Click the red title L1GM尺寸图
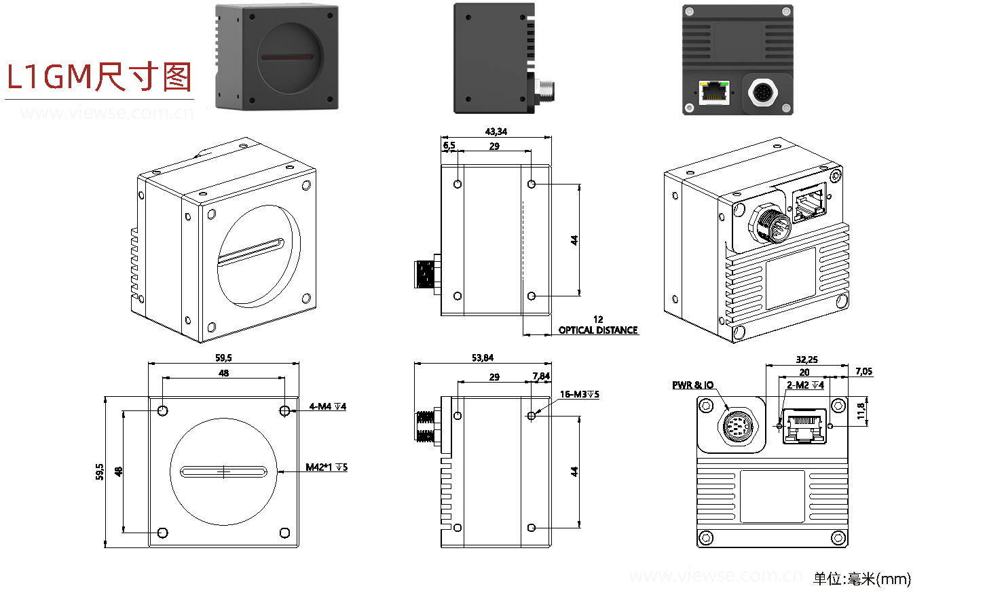pos(99,77)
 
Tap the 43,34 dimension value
pos(496,132)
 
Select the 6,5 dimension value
pos(449,145)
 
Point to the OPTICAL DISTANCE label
pos(598,330)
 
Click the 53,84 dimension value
pos(483,358)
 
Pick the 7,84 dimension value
pos(541,376)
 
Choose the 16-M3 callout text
pos(579,394)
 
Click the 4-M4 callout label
pos(327,406)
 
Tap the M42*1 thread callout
pos(326,467)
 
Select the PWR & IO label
pos(692,385)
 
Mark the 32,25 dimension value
pos(806,360)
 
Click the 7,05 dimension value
pos(863,371)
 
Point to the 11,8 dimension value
pos(861,411)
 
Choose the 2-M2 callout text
pos(805,385)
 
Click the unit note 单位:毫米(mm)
pos(861,579)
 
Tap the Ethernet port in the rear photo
pos(714,92)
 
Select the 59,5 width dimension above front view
pos(223,358)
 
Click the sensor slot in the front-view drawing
pos(223,471)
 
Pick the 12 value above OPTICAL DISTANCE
pos(597,319)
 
